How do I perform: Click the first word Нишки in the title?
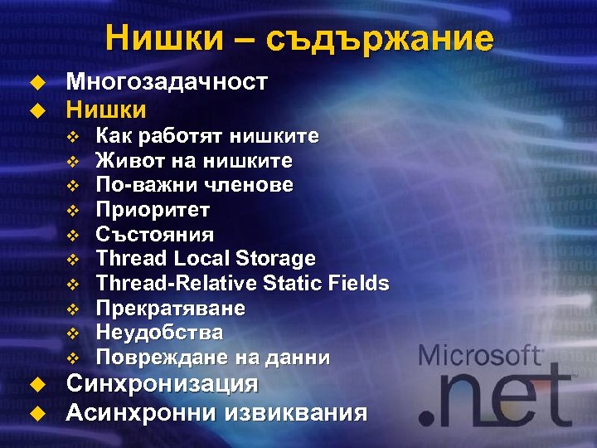tap(153, 38)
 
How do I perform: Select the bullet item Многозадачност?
tap(167, 81)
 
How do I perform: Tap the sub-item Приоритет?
tap(153, 209)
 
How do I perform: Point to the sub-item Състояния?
tap(154, 234)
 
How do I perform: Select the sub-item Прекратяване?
tap(170, 309)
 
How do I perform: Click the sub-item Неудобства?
tap(159, 334)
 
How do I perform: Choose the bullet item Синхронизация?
tap(162, 384)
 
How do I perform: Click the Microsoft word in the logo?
tap(480, 357)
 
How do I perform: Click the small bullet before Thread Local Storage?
tap(72, 260)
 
